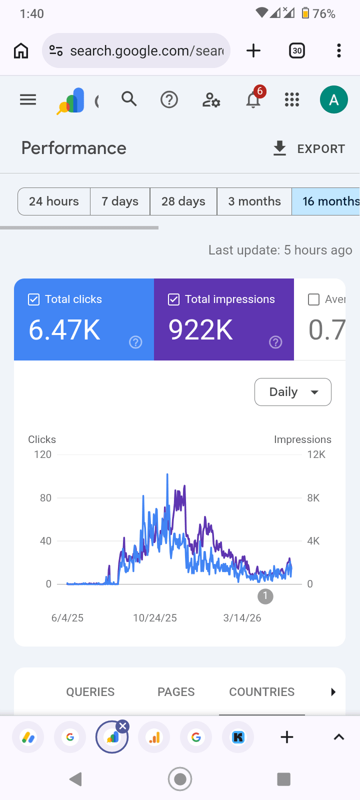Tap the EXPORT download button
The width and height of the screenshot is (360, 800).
[x=309, y=148]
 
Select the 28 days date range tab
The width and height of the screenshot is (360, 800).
[x=183, y=201]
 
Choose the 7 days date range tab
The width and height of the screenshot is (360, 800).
[x=120, y=201]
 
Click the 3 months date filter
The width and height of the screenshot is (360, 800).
[x=254, y=201]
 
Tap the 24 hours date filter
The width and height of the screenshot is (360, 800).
[x=54, y=201]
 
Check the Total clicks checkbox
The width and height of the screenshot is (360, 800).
[x=33, y=299]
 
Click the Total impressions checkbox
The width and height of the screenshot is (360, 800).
[x=173, y=299]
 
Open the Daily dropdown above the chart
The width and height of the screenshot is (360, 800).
[x=293, y=392]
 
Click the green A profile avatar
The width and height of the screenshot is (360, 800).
[x=333, y=99]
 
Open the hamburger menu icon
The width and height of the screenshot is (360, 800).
[x=28, y=99]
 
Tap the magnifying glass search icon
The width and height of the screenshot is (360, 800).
[x=129, y=99]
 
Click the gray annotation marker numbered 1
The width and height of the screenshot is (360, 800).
[x=265, y=596]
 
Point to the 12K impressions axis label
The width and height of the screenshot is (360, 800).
[x=316, y=454]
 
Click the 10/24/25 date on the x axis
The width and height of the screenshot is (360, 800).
[x=155, y=618]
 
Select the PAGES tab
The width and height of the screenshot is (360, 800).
[x=176, y=692]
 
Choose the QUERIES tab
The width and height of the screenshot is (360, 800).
[x=90, y=692]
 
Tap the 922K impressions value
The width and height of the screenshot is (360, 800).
[x=200, y=329]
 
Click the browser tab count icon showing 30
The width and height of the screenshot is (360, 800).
[x=297, y=50]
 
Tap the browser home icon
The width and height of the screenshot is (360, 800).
[x=21, y=50]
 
